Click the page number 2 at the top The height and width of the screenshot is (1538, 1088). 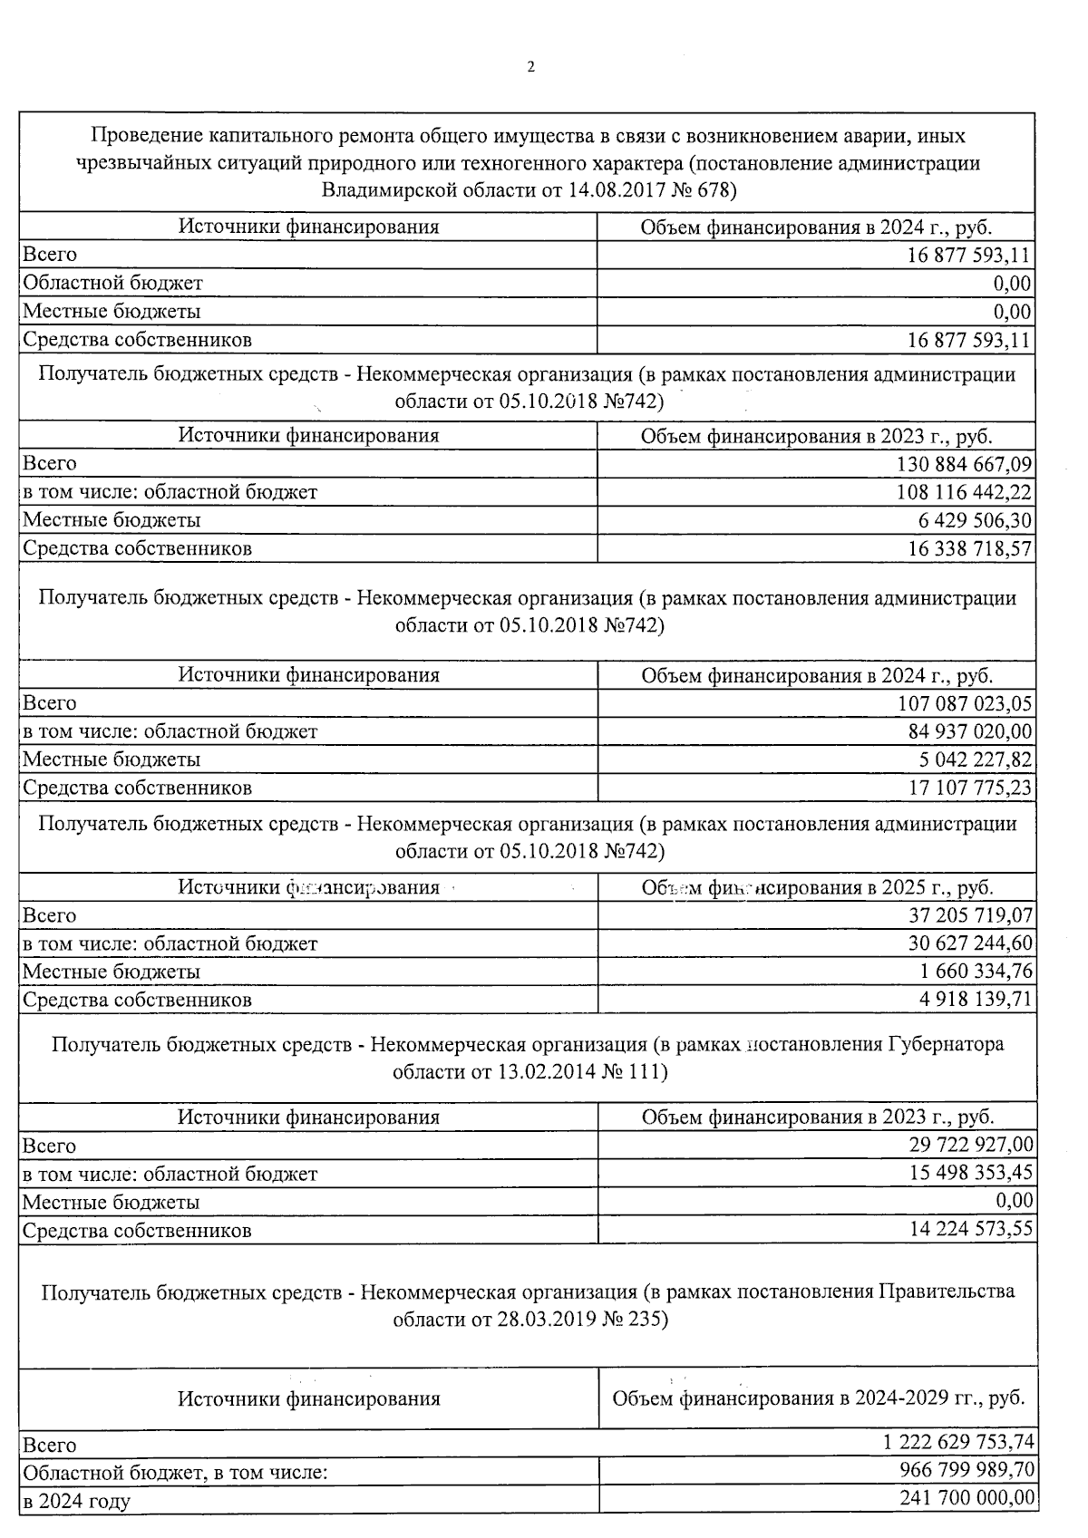pos(530,66)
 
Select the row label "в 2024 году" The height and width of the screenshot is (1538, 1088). pos(77,1501)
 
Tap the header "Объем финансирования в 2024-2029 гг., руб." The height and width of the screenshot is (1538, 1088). pos(819,1398)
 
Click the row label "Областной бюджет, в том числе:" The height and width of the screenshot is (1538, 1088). pos(175,1472)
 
